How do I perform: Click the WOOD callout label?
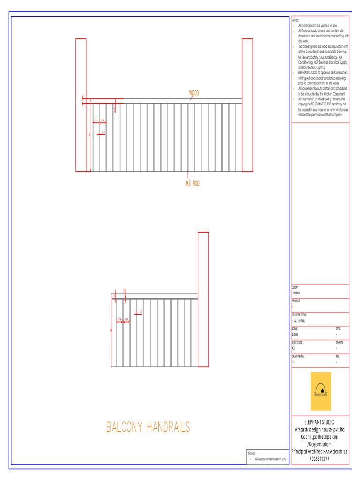pyautogui.click(x=194, y=93)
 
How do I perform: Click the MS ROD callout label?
pyautogui.click(x=192, y=184)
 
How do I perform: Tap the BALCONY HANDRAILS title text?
pyautogui.click(x=148, y=427)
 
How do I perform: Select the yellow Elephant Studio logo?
pyautogui.click(x=321, y=391)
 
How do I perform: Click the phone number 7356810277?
pyautogui.click(x=320, y=459)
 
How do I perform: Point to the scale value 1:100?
pyautogui.click(x=295, y=335)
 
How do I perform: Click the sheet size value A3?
pyautogui.click(x=293, y=348)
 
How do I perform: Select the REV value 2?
pyautogui.click(x=337, y=362)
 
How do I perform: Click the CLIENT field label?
pyautogui.click(x=295, y=287)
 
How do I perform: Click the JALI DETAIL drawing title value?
pyautogui.click(x=300, y=321)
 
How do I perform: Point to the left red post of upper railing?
pyautogui.click(x=81, y=105)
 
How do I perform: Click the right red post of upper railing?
pyautogui.click(x=247, y=105)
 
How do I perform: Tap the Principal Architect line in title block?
pyautogui.click(x=320, y=451)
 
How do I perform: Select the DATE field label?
pyautogui.click(x=338, y=329)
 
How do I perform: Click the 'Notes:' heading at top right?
pyautogui.click(x=295, y=20)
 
